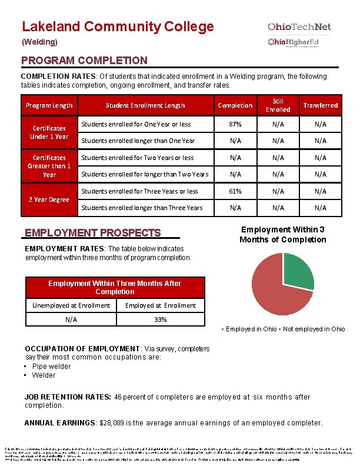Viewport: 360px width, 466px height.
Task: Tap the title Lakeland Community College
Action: [118, 26]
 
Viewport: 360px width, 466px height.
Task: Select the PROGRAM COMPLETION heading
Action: [84, 61]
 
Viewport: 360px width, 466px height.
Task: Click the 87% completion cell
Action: [235, 124]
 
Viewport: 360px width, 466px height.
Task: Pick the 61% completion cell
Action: [235, 191]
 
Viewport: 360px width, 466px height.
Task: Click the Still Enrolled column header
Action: [278, 105]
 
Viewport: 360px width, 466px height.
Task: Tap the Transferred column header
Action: [320, 105]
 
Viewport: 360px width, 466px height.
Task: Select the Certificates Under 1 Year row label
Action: [49, 132]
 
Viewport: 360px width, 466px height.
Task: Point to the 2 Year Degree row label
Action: [49, 199]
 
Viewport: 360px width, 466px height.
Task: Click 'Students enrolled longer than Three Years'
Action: [142, 208]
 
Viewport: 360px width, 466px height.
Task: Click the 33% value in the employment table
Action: [160, 319]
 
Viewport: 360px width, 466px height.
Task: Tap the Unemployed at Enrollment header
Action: [71, 305]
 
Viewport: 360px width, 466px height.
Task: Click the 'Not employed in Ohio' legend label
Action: [314, 329]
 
